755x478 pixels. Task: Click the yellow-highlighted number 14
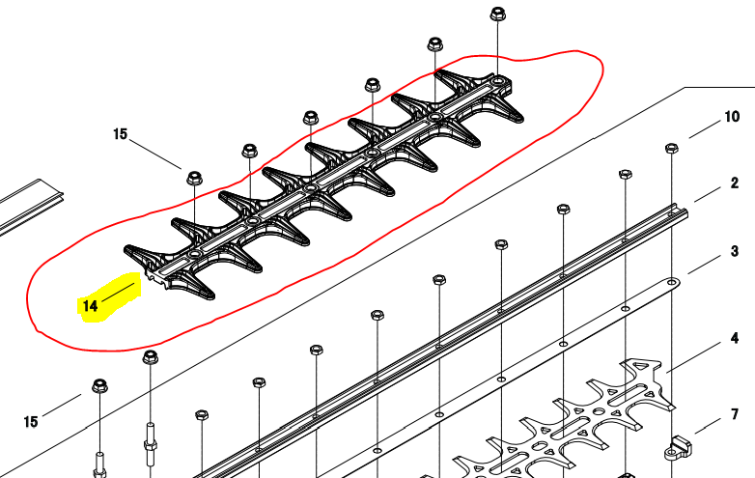click(90, 306)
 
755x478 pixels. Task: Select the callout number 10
click(732, 118)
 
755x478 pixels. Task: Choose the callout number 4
click(734, 338)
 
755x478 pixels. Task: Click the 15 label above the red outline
click(120, 134)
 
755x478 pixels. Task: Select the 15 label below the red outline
click(31, 422)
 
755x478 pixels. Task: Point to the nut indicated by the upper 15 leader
click(193, 178)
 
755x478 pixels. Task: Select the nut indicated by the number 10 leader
click(671, 149)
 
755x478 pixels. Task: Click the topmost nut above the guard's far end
click(498, 14)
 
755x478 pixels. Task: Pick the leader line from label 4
click(691, 356)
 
